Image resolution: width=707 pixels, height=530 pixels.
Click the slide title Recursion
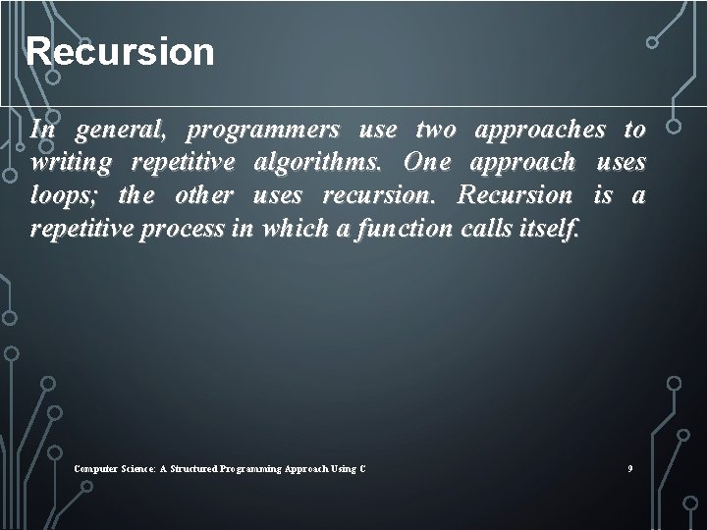point(120,51)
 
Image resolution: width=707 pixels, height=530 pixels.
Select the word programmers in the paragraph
point(263,130)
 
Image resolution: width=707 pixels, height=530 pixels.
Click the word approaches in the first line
point(541,130)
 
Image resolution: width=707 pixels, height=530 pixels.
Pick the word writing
point(72,163)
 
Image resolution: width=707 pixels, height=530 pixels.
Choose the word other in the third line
point(203,195)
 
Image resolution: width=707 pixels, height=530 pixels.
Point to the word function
point(403,228)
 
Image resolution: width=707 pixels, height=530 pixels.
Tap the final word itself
point(556,228)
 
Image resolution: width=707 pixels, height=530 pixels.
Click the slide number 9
point(630,469)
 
